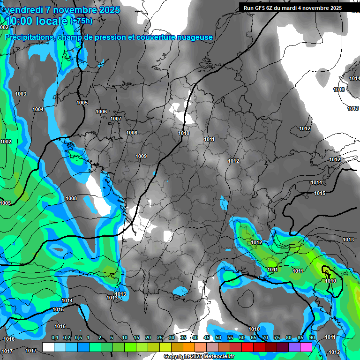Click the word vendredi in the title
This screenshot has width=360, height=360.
(23, 10)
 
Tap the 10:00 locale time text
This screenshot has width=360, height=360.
(37, 21)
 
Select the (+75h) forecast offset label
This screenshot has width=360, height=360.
(81, 21)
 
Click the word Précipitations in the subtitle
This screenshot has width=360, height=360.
(29, 37)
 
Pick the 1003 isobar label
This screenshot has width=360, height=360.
(21, 94)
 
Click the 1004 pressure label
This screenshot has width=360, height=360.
(38, 110)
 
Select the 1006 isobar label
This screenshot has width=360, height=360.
(101, 112)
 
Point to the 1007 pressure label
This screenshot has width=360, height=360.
(116, 119)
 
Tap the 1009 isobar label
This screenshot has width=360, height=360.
(141, 156)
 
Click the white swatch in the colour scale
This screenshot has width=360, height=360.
(48, 347)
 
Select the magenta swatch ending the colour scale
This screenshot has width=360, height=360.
(306, 347)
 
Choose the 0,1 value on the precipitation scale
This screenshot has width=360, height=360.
(55, 338)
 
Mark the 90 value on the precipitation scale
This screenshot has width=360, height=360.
(312, 338)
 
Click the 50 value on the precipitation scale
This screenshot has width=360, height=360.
(218, 338)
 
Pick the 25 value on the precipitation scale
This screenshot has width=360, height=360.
(160, 338)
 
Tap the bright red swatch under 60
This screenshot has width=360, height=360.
(247, 347)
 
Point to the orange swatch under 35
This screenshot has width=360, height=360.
(189, 347)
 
